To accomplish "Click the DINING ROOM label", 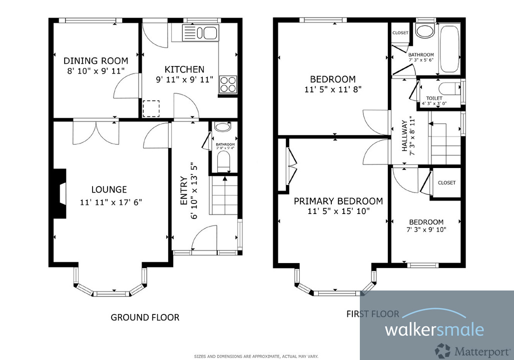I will (96, 61).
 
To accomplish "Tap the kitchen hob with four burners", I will (228, 84).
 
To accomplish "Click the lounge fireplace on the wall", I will (60, 193).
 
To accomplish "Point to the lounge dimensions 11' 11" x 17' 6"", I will (111, 202).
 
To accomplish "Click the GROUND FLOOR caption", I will (145, 317).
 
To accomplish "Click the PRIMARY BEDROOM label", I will (338, 201).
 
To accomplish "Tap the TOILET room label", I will (433, 98).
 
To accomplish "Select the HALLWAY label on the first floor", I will (405, 135).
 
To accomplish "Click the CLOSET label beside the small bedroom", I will (446, 183).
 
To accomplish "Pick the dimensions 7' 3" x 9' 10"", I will (426, 230).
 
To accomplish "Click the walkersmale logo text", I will (434, 329).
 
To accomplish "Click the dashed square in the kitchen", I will (151, 108).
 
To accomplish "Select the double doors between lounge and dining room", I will (96, 132).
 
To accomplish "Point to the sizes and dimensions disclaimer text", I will (256, 356).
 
